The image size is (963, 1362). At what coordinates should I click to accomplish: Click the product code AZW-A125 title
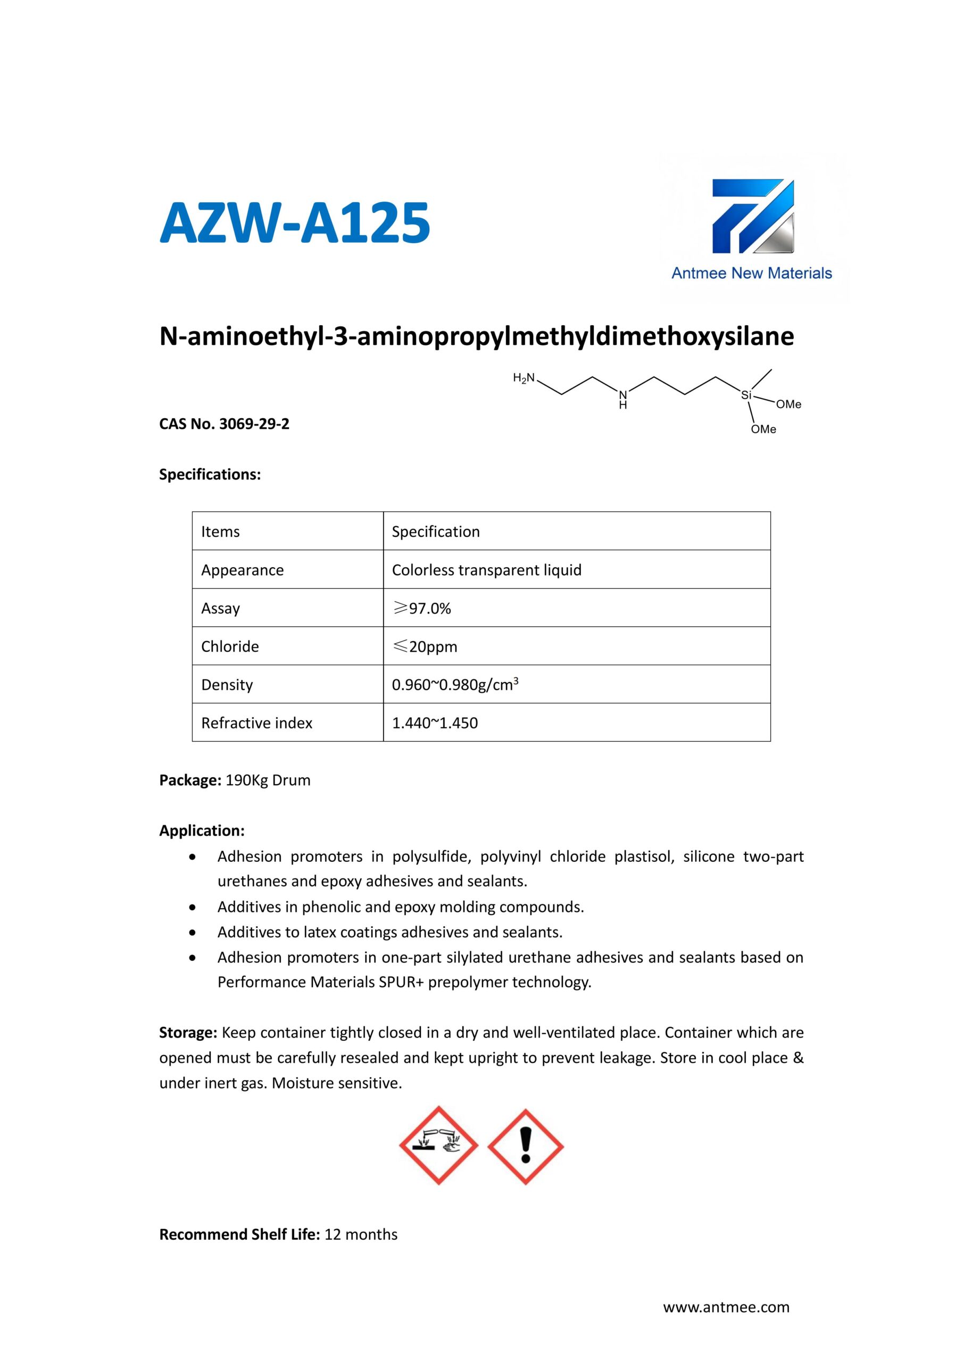tap(295, 223)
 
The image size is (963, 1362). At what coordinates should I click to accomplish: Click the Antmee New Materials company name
tap(751, 273)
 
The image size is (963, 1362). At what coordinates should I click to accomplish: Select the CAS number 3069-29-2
tap(254, 424)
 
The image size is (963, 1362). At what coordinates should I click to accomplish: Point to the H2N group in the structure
tap(524, 378)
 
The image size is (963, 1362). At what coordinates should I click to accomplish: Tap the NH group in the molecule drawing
tap(622, 399)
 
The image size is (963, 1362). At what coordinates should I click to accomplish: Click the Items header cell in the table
tap(221, 531)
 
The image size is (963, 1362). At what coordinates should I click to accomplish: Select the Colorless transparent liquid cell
tap(486, 570)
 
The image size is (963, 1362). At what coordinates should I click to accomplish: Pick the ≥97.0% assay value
tap(422, 608)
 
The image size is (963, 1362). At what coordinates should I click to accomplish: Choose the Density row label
tap(227, 685)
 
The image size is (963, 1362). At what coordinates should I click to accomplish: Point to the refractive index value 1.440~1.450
tap(435, 722)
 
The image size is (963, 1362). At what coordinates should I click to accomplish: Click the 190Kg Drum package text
tap(268, 780)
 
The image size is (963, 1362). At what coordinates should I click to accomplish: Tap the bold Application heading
tap(202, 831)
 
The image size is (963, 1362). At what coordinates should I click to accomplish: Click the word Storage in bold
tap(188, 1033)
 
